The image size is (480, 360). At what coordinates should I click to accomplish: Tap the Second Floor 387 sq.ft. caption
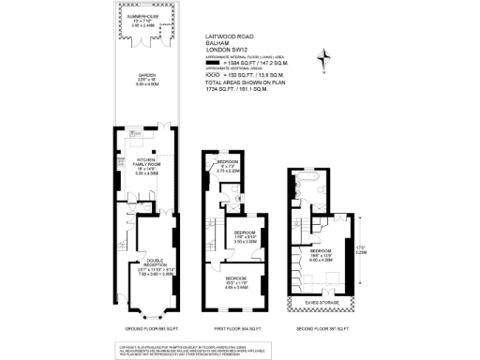pos(320,331)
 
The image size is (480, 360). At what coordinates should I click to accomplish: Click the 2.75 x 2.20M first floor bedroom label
pos(230,171)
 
